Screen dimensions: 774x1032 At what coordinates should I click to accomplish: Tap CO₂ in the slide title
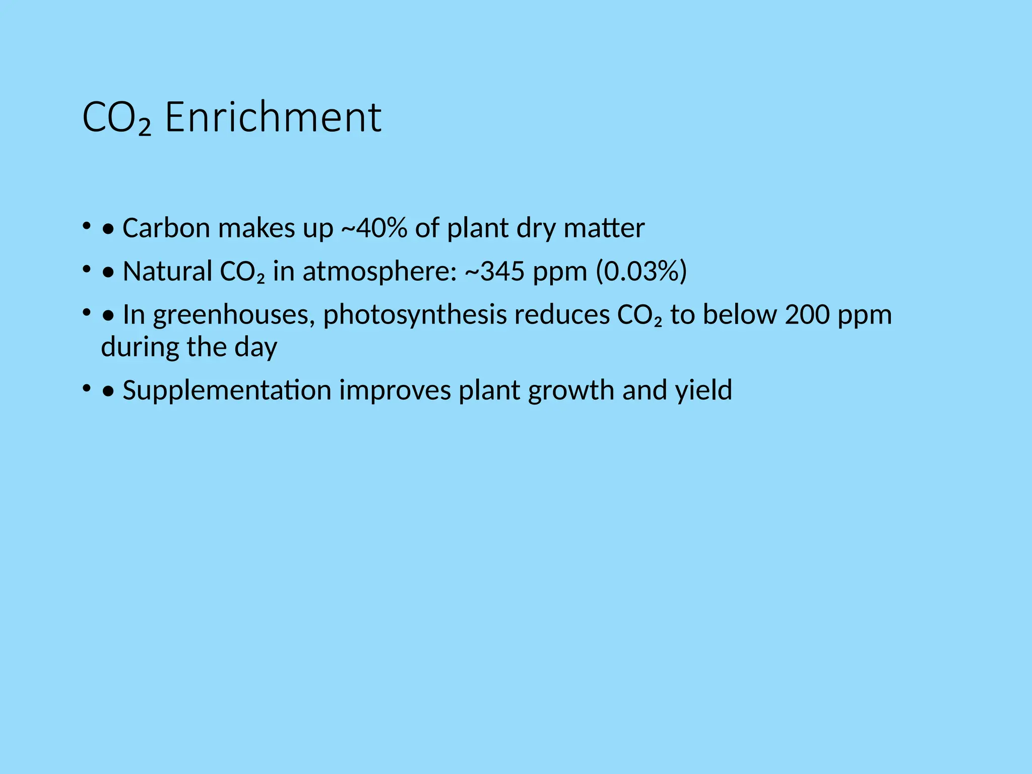pyautogui.click(x=116, y=118)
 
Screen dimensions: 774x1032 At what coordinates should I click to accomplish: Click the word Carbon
pyautogui.click(x=166, y=228)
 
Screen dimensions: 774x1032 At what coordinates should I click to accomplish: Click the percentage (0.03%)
pyautogui.click(x=641, y=271)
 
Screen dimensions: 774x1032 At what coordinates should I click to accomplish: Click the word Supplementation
pyautogui.click(x=227, y=391)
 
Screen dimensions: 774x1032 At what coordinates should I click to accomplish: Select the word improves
pyautogui.click(x=395, y=391)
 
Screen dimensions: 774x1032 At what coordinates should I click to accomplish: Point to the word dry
pyautogui.click(x=536, y=229)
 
